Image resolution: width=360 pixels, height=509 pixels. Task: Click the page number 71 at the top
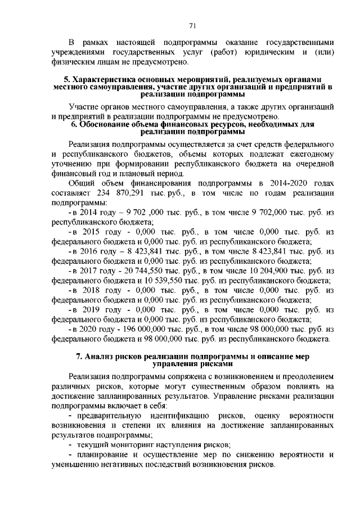pyautogui.click(x=192, y=25)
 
